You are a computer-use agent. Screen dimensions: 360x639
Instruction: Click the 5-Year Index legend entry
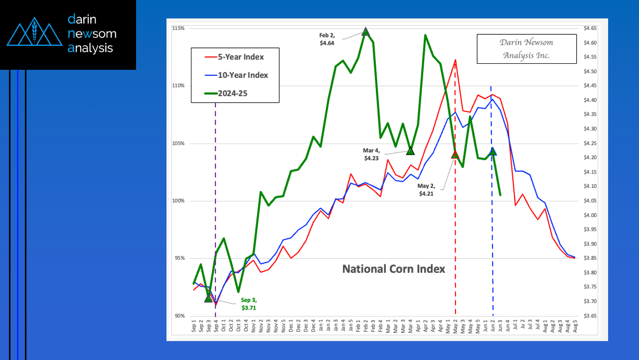[x=241, y=57]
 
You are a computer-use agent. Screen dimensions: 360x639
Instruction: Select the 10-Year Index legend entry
[x=243, y=75]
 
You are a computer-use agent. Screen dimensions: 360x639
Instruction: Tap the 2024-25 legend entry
[x=236, y=93]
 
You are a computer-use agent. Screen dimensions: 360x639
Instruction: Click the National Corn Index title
[x=393, y=269]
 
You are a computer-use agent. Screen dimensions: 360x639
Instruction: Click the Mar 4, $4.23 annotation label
[x=371, y=154]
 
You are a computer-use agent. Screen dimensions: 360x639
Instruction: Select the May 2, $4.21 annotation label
[x=426, y=190]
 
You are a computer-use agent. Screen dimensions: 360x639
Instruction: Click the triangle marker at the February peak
[x=365, y=32]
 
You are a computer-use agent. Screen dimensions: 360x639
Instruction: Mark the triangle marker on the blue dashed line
[x=492, y=151]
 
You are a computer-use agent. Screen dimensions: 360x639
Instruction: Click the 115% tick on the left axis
[x=179, y=28]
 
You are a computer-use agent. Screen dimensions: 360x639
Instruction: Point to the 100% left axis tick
[x=179, y=201]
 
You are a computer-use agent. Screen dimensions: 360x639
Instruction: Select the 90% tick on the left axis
[x=179, y=316]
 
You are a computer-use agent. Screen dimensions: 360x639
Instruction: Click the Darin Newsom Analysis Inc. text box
[x=526, y=49]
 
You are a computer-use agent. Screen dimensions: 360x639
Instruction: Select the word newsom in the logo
[x=92, y=34]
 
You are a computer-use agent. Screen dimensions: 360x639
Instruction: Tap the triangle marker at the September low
[x=208, y=298]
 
